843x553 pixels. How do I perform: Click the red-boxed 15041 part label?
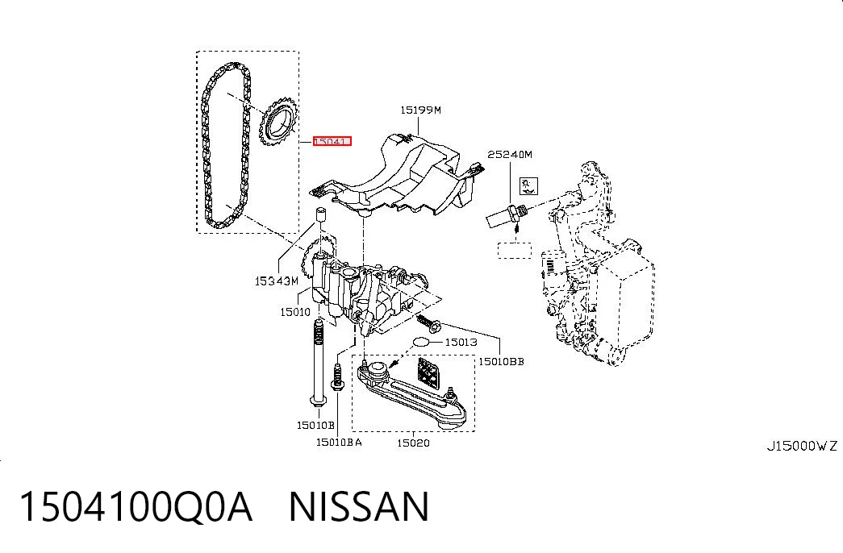tap(332, 141)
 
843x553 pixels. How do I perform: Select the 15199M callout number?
tap(420, 110)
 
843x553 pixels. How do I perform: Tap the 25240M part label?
tap(510, 155)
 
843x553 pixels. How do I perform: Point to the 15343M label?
tap(276, 281)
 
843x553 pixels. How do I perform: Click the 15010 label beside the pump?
tap(295, 312)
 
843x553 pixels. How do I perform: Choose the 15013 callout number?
tap(461, 342)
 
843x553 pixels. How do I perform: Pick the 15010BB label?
tap(501, 362)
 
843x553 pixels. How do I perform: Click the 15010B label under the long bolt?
tap(315, 425)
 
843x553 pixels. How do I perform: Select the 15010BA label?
tap(339, 443)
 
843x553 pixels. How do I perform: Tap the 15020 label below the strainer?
tap(414, 443)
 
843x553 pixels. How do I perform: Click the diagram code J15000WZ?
tap(802, 446)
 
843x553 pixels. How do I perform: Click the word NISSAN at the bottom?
tap(359, 507)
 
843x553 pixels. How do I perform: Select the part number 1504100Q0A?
tap(136, 507)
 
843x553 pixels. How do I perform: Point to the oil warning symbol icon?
tap(528, 186)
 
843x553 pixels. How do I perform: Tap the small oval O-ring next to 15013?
tap(421, 342)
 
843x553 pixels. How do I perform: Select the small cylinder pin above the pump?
tap(321, 214)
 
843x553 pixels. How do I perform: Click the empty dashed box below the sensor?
tap(515, 251)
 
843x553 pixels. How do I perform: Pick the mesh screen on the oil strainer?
tap(428, 372)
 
